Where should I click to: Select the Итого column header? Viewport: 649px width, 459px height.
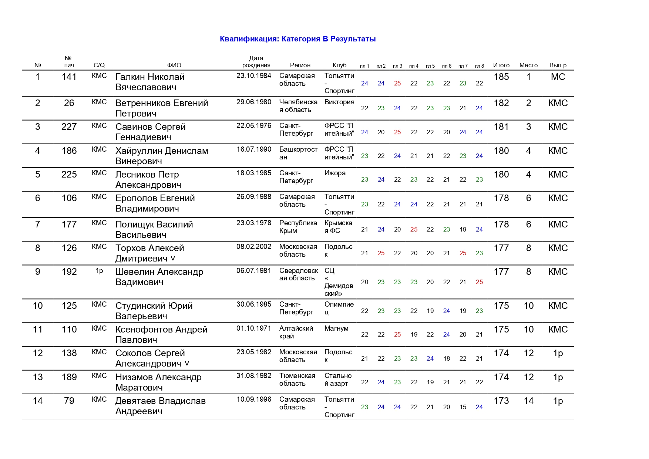click(x=501, y=65)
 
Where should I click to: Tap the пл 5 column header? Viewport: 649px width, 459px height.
click(x=430, y=66)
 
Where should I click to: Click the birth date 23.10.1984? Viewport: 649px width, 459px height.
click(x=254, y=76)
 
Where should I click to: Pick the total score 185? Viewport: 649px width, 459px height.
click(x=501, y=77)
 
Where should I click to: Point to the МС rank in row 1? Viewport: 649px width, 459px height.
click(x=558, y=77)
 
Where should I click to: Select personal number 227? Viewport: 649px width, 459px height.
click(x=69, y=127)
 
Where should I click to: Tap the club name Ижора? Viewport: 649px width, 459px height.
click(x=335, y=173)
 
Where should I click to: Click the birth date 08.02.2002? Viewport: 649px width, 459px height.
click(x=254, y=247)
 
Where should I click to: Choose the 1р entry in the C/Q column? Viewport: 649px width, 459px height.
click(x=99, y=271)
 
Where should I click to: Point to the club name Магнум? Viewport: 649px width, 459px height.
click(x=336, y=328)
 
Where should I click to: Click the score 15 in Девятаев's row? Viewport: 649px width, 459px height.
click(x=463, y=407)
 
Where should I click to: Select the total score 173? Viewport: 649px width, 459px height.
click(x=501, y=401)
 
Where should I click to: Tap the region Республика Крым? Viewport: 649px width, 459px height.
click(x=298, y=227)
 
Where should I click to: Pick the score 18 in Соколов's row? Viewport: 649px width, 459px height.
click(x=447, y=358)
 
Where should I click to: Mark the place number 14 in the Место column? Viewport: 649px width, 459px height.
click(x=528, y=401)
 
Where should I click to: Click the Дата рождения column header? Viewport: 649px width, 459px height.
click(x=256, y=62)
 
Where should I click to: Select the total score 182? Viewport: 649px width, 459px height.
click(x=501, y=103)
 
